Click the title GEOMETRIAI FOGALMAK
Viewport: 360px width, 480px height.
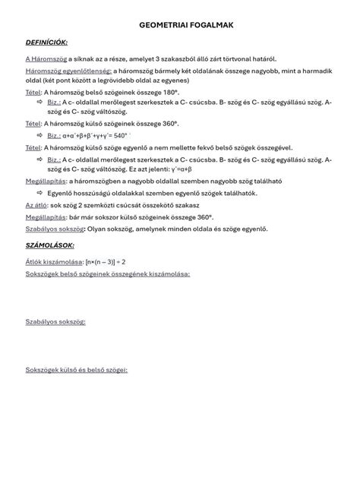pos(187,26)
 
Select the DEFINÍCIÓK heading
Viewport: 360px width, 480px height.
pos(47,43)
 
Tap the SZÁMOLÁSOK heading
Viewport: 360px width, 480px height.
pos(49,245)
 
